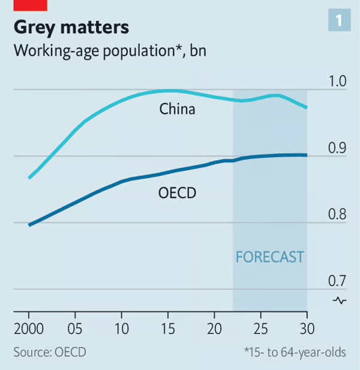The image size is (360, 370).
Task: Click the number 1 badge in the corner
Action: (x=339, y=21)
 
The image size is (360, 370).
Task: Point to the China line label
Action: (x=177, y=110)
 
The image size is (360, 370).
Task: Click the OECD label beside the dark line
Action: (x=178, y=193)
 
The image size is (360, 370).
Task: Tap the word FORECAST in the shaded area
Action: (x=270, y=257)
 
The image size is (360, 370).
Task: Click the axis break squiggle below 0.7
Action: (x=340, y=300)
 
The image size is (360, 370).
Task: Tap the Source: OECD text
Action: (x=50, y=352)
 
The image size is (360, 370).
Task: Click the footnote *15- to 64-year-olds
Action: (x=295, y=352)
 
